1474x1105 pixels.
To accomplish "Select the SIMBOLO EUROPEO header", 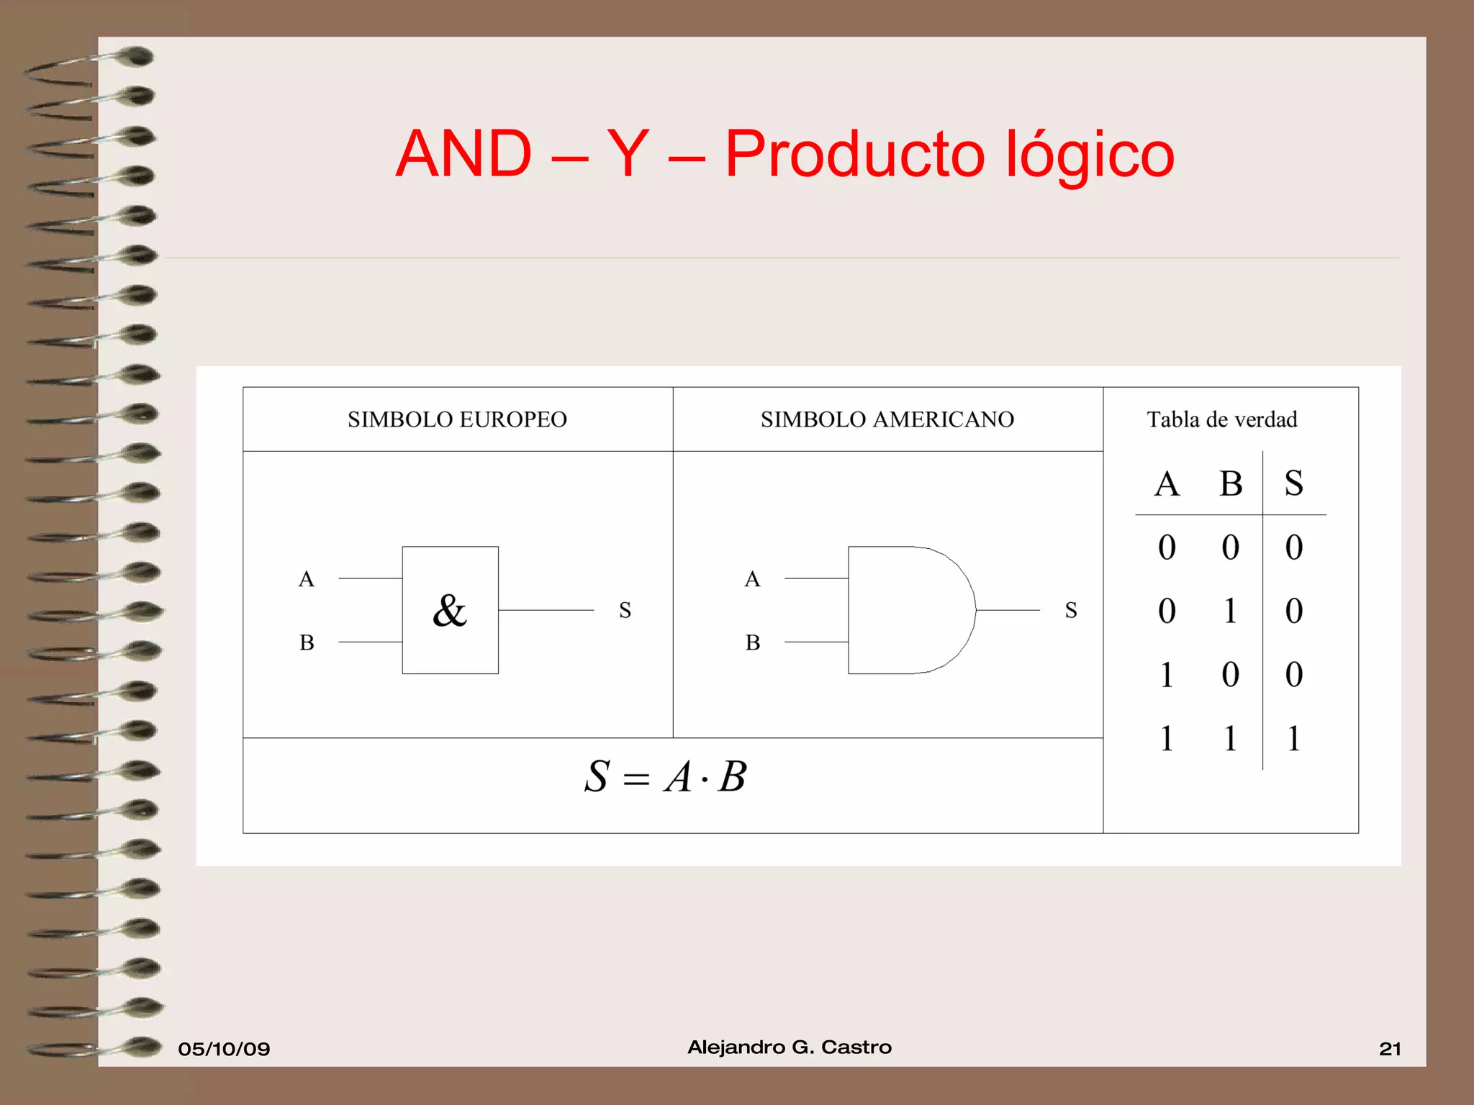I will pyautogui.click(x=457, y=419).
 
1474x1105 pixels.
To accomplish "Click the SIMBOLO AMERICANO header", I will pyautogui.click(x=887, y=419).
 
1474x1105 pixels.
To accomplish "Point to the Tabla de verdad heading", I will pyautogui.click(x=1221, y=419).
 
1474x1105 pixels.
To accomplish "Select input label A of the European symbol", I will pyautogui.click(x=307, y=579).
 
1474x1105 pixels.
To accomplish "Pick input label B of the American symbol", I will pyautogui.click(x=753, y=642).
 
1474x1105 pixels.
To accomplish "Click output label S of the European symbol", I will pyautogui.click(x=625, y=611).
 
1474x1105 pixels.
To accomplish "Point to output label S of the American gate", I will pyautogui.click(x=1071, y=611).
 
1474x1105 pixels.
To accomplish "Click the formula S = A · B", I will pyautogui.click(x=665, y=777).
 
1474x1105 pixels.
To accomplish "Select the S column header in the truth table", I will pyautogui.click(x=1293, y=483).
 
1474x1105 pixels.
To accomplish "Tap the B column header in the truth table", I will pyautogui.click(x=1231, y=483).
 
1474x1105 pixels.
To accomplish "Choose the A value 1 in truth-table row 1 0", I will pyautogui.click(x=1167, y=675).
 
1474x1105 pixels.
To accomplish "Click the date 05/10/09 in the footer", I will pyautogui.click(x=224, y=1049).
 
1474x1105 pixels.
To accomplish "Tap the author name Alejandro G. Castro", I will pyautogui.click(x=790, y=1047).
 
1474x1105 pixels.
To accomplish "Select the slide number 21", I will pyautogui.click(x=1390, y=1049).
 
